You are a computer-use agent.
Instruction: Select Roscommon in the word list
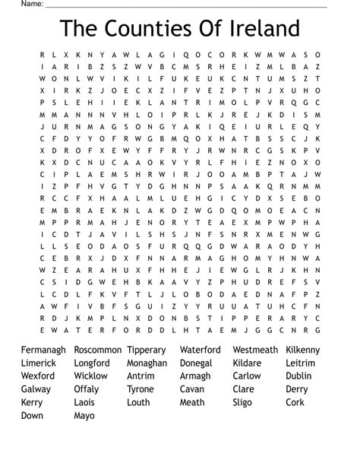tap(98, 350)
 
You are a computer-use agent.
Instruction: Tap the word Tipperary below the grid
tap(147, 350)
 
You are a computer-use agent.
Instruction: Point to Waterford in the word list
tap(201, 350)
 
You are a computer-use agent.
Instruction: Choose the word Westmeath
tap(255, 350)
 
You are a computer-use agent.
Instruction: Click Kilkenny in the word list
tap(305, 350)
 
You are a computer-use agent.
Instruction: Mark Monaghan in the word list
tap(147, 363)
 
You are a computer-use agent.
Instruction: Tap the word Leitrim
tap(301, 363)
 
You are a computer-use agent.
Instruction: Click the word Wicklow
tap(91, 376)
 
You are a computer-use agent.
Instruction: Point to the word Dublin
tap(299, 376)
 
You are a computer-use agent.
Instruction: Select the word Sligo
tap(244, 402)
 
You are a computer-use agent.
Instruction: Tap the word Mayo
tap(85, 415)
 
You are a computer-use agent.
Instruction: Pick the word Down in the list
tap(33, 415)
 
